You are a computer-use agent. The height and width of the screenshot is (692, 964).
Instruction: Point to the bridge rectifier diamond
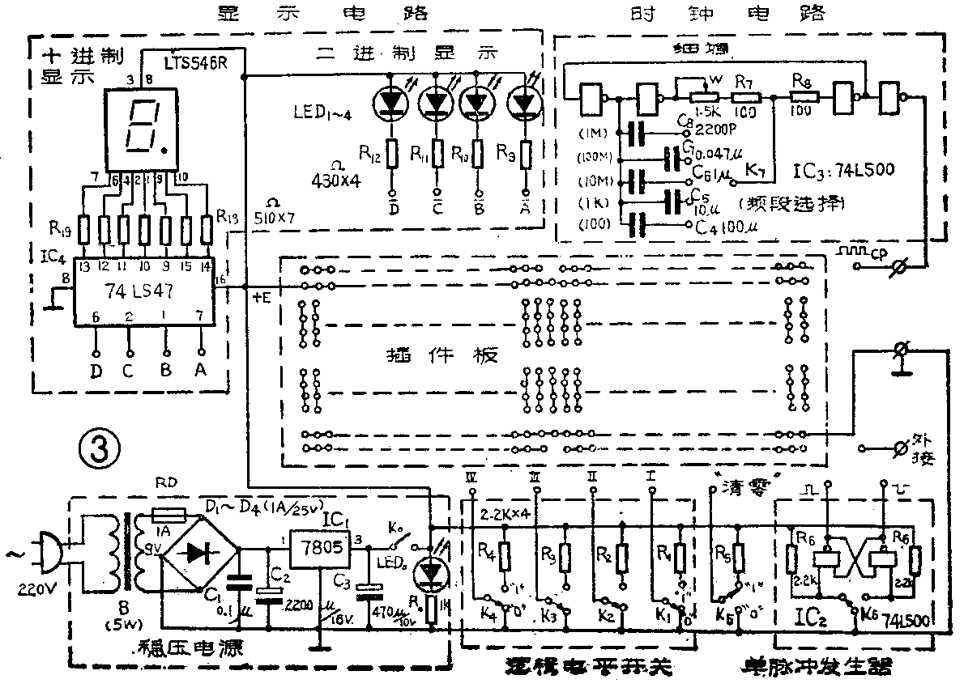pos(200,553)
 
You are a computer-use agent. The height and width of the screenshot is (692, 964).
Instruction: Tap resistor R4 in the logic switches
pos(505,557)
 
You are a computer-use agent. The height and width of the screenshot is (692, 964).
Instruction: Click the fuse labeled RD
pos(169,515)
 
